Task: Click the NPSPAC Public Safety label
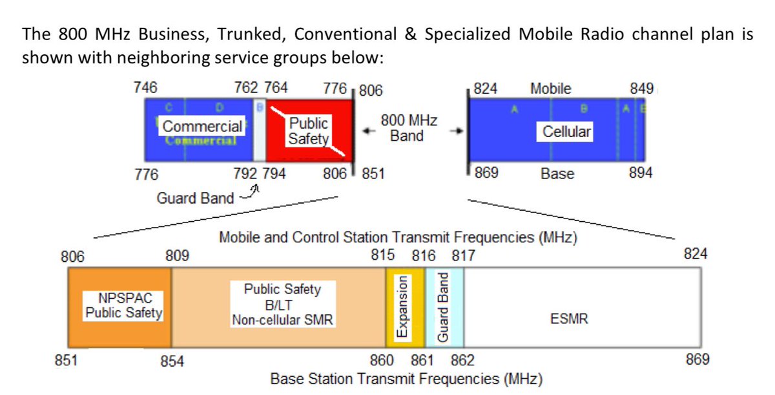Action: click(x=123, y=306)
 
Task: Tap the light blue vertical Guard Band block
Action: click(x=444, y=308)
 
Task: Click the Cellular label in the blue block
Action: click(x=566, y=132)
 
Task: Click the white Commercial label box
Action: click(x=203, y=126)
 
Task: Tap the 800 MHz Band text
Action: click(x=408, y=128)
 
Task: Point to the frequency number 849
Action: click(x=642, y=89)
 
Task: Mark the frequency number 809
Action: click(x=177, y=256)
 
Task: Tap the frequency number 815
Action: click(x=383, y=255)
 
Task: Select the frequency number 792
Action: click(x=246, y=173)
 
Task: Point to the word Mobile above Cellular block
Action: click(x=550, y=89)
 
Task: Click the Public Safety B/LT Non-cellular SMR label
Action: click(x=282, y=304)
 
